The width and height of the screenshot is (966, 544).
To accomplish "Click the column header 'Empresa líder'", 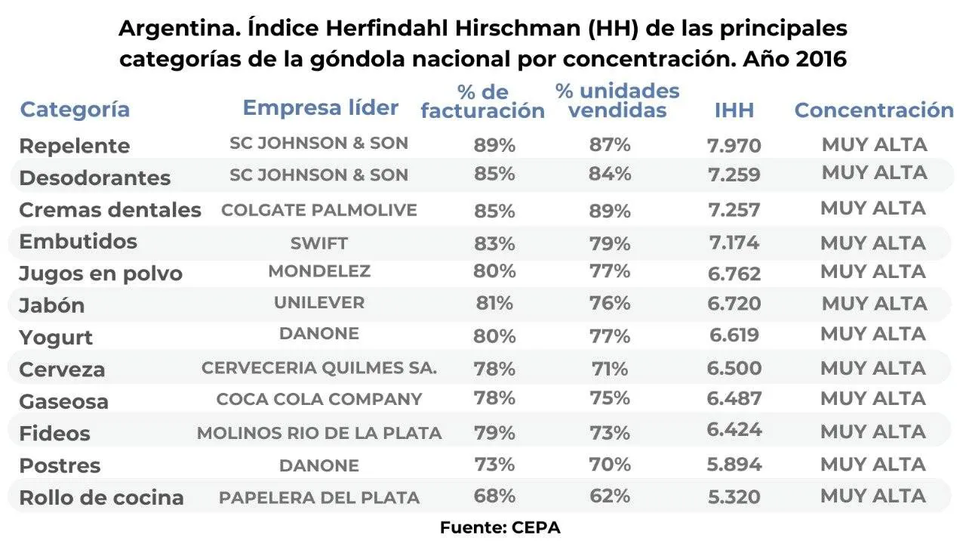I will (x=320, y=108).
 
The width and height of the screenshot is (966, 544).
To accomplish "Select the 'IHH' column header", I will (x=734, y=110).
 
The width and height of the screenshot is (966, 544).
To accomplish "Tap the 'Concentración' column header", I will (x=874, y=110).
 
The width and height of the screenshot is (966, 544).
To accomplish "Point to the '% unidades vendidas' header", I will (x=617, y=101).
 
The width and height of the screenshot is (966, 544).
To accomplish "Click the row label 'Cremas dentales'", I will (x=110, y=210).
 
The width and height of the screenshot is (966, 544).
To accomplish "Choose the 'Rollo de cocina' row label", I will (x=101, y=498).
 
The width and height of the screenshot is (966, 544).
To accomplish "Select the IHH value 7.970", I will (x=734, y=145).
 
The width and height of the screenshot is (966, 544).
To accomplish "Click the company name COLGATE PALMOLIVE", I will (x=318, y=210).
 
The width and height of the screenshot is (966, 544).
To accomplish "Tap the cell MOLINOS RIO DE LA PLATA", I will (x=318, y=433).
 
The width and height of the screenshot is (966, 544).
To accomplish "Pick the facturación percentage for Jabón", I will (x=494, y=303).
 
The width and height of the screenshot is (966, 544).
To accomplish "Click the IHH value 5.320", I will (x=734, y=496).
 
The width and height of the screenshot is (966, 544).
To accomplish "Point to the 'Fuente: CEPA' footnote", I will (x=500, y=527).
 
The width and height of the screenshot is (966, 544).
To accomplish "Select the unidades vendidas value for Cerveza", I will (x=610, y=369).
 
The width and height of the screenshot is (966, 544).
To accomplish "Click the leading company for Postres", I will (x=318, y=465).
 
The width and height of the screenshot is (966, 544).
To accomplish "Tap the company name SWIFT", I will (x=318, y=243).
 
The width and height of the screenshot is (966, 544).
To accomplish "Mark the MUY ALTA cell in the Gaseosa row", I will (x=873, y=399).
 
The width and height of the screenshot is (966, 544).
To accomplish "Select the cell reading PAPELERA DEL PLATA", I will (x=318, y=498).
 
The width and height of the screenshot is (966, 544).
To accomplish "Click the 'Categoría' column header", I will (x=75, y=110).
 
